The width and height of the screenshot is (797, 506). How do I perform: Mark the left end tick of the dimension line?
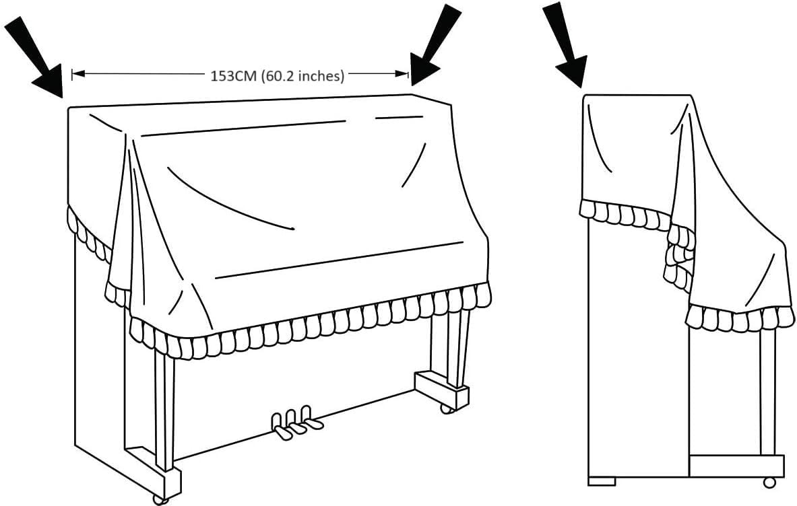(73, 74)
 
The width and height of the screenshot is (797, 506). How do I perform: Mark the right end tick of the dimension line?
(408, 74)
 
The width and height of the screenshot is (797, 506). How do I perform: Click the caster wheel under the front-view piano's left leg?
(160, 499)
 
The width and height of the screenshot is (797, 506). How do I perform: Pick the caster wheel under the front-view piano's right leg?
(445, 408)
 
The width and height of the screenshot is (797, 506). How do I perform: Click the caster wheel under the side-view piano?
(769, 482)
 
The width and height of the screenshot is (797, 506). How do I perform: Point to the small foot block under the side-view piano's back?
(602, 481)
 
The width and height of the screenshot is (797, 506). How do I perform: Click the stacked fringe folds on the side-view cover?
(678, 256)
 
